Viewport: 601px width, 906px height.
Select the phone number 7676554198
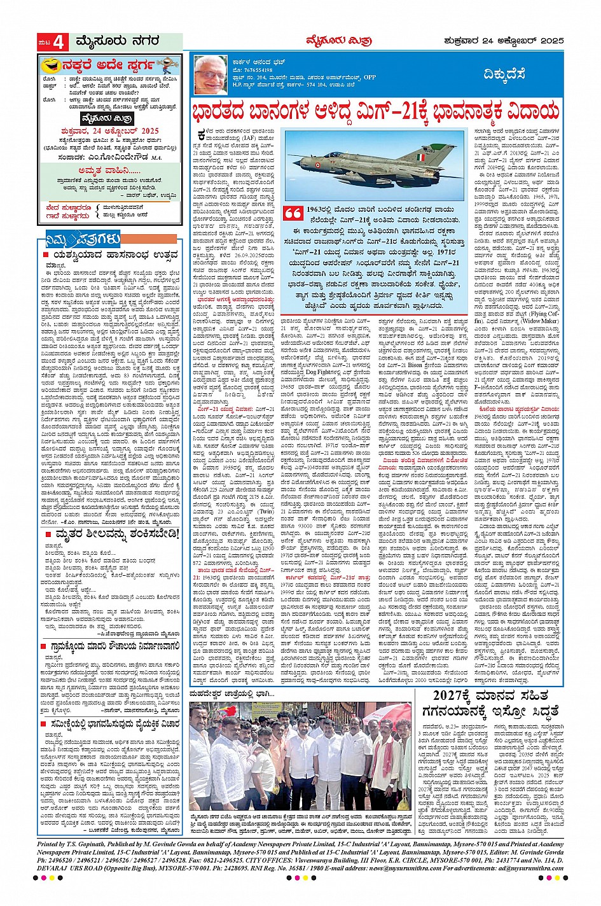(x=255, y=69)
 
